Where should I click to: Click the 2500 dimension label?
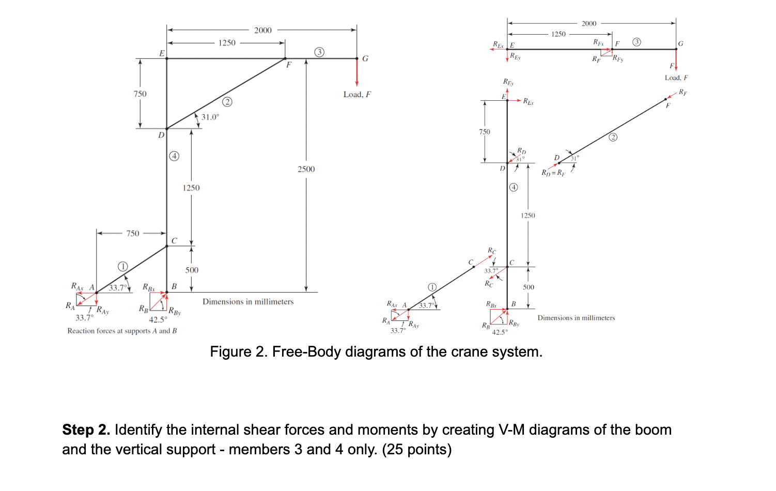coord(306,169)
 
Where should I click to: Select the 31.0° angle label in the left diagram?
coord(210,117)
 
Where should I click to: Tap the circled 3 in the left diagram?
coord(319,52)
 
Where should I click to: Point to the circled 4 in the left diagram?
coord(175,156)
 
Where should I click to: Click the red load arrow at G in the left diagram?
coord(356,72)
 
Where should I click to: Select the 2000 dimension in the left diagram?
coord(262,30)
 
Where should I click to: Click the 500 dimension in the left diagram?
coord(192,270)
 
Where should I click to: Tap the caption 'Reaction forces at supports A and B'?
coord(122,331)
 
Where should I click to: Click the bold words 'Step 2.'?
coord(86,430)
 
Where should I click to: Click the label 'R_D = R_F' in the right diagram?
coord(553,173)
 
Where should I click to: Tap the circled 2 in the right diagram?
coord(613,137)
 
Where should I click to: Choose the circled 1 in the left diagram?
coord(122,266)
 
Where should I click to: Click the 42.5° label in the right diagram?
coord(500,332)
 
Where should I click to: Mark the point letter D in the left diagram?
coord(161,135)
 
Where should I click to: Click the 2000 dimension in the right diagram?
coord(588,23)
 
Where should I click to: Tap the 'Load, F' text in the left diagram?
coord(357,95)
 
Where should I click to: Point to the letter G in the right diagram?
coord(680,44)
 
